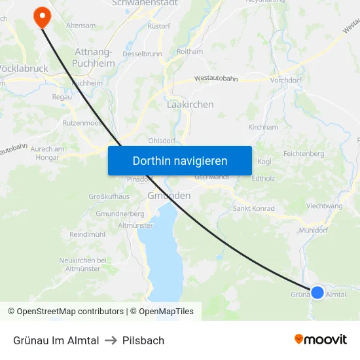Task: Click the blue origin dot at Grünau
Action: click(x=317, y=292)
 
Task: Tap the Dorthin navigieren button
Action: click(x=180, y=160)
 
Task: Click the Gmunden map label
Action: click(x=169, y=196)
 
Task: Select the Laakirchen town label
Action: click(x=190, y=104)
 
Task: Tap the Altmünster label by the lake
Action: click(x=135, y=225)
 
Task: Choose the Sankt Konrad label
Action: click(x=254, y=208)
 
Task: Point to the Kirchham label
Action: click(x=263, y=127)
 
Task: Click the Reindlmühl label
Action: click(x=87, y=234)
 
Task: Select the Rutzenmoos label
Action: click(x=81, y=122)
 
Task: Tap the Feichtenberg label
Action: click(x=304, y=153)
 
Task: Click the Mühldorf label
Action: click(x=312, y=230)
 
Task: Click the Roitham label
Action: click(x=190, y=51)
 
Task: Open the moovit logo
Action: click(x=321, y=340)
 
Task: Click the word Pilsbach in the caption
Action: click(x=143, y=340)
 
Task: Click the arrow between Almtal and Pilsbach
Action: click(x=111, y=340)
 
